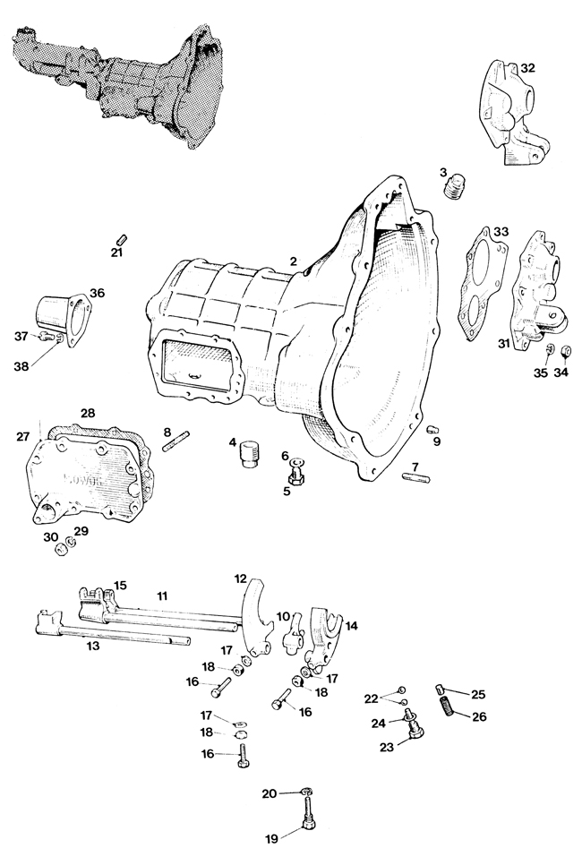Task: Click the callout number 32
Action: click(x=528, y=68)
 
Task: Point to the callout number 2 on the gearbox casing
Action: click(x=293, y=261)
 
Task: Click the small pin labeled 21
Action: click(x=122, y=239)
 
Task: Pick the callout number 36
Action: click(x=97, y=293)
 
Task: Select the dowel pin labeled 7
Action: click(x=416, y=478)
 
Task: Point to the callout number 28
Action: click(x=88, y=413)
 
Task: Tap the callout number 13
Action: click(x=93, y=646)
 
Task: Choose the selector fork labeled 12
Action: click(x=255, y=617)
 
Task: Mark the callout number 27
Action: click(x=22, y=436)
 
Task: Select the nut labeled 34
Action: click(x=567, y=353)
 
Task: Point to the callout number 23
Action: click(x=386, y=749)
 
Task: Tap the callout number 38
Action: click(x=21, y=366)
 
